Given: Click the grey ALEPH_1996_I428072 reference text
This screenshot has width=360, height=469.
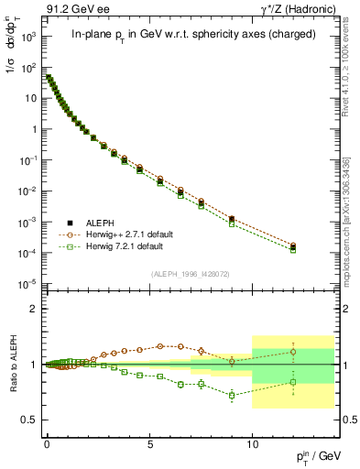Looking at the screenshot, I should (190, 274).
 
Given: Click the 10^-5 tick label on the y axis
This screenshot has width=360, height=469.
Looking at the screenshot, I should (27, 284).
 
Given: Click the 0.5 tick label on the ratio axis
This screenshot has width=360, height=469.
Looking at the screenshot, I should (29, 420).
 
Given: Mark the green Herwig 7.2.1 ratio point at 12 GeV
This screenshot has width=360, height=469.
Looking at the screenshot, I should (293, 382).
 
